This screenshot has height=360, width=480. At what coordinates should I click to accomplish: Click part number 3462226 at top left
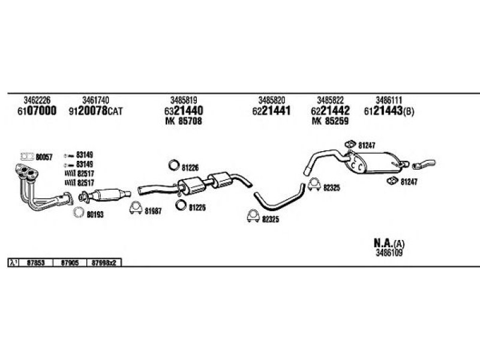37,100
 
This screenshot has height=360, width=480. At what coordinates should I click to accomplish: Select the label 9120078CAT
96,111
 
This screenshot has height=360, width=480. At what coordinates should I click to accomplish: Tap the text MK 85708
184,121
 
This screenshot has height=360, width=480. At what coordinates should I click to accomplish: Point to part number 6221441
272,111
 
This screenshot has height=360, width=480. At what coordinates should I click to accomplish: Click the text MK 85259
331,121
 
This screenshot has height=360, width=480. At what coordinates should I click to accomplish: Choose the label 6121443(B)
389,111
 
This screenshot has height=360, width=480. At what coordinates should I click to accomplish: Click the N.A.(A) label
389,244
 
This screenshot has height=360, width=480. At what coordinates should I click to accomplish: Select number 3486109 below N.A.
389,253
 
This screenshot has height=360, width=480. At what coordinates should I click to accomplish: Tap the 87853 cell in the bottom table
36,263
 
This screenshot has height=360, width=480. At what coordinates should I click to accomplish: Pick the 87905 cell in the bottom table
70,263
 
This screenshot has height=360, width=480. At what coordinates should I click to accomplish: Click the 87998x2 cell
104,263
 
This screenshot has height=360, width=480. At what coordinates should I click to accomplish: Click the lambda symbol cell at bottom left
13,263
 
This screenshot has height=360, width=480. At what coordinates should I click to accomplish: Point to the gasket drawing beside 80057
27,157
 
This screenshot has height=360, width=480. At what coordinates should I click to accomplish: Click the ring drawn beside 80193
79,212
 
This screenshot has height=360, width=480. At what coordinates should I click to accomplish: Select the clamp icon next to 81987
136,208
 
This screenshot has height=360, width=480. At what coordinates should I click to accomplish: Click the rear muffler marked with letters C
373,162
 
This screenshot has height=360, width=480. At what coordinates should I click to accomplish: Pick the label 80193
95,215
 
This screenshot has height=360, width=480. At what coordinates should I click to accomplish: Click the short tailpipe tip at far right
424,164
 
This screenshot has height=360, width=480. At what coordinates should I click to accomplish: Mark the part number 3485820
272,100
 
